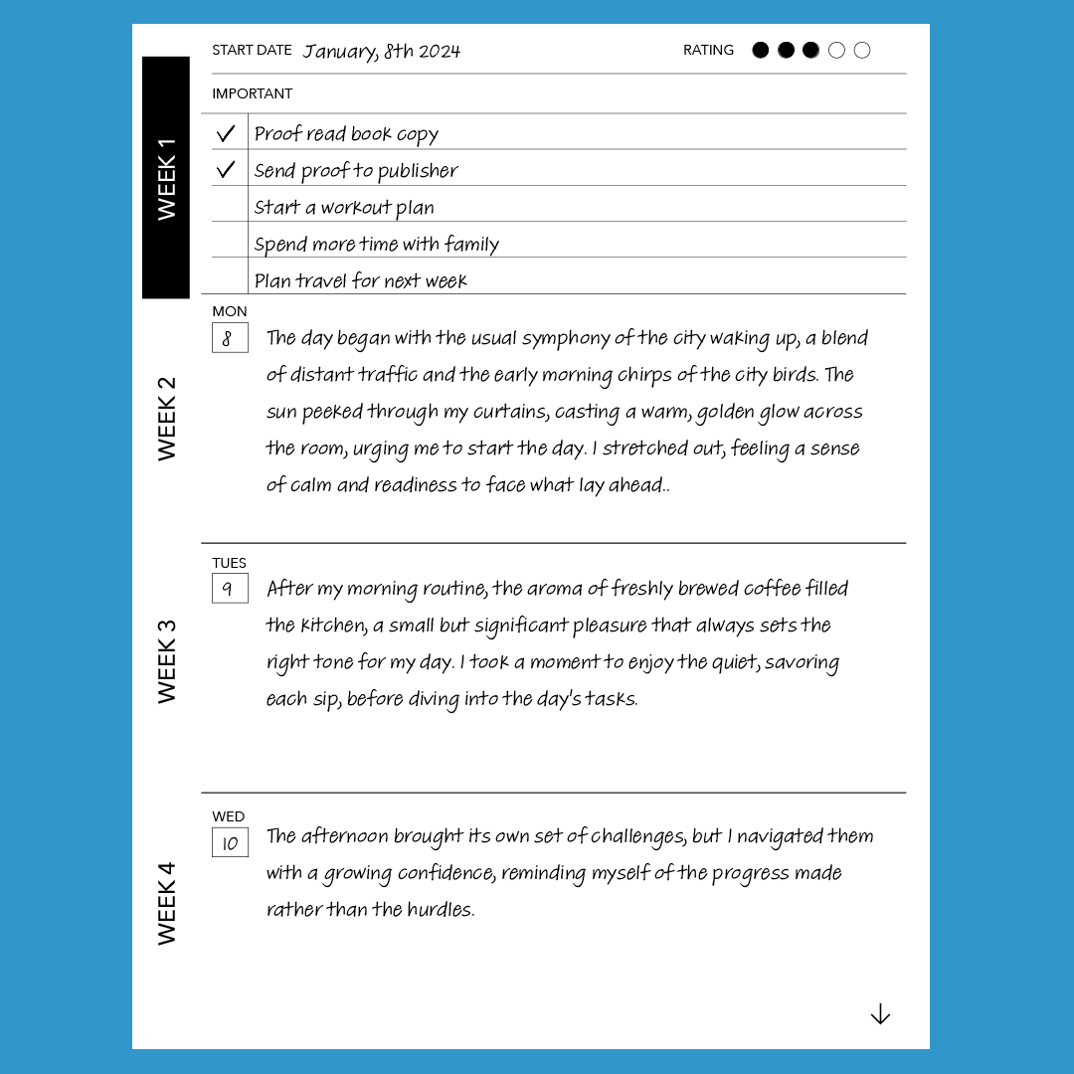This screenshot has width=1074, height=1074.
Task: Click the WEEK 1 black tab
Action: [166, 177]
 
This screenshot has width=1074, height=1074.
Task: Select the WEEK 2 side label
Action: [166, 418]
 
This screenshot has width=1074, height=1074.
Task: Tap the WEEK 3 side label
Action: [166, 661]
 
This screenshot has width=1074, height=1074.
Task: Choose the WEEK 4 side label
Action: [166, 903]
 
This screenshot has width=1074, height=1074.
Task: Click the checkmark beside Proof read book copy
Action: [226, 133]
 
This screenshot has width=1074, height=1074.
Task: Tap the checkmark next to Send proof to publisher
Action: [226, 170]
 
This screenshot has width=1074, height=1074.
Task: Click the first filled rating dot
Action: [761, 51]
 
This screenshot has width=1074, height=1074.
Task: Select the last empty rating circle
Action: [862, 51]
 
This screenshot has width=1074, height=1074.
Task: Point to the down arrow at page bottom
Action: [880, 1014]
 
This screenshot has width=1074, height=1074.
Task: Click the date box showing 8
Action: [230, 338]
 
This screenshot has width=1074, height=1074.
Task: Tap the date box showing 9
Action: [230, 589]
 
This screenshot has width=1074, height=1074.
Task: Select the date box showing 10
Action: [230, 843]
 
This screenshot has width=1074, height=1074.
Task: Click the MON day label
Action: [230, 311]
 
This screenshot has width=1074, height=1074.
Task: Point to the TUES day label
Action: [230, 563]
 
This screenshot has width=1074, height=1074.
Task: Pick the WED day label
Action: [229, 816]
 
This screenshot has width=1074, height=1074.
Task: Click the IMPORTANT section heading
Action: [253, 93]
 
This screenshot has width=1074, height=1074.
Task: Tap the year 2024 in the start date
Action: [440, 52]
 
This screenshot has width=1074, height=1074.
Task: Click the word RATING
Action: [708, 50]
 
